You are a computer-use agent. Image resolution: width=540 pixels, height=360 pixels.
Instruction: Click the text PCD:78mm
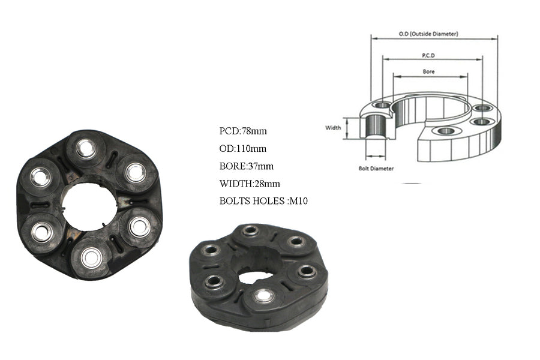pyautogui.click(x=243, y=131)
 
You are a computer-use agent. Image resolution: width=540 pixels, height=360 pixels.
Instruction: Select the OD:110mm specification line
pyautogui.click(x=242, y=148)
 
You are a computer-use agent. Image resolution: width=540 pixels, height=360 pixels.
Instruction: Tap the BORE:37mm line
pyautogui.click(x=246, y=166)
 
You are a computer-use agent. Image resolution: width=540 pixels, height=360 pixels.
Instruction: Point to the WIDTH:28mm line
pyautogui.click(x=250, y=184)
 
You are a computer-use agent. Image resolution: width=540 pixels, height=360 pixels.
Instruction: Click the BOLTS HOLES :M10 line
pyautogui.click(x=263, y=201)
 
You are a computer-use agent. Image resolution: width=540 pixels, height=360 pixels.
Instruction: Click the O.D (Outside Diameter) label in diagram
pyautogui.click(x=428, y=34)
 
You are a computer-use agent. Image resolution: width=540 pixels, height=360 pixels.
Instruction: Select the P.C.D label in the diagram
pyautogui.click(x=428, y=55)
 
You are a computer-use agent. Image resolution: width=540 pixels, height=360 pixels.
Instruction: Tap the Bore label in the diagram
pyautogui.click(x=428, y=71)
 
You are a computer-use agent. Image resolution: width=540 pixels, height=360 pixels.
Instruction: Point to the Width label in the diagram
pyautogui.click(x=333, y=127)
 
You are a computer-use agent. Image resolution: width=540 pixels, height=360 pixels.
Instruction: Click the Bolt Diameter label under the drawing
pyautogui.click(x=376, y=169)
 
